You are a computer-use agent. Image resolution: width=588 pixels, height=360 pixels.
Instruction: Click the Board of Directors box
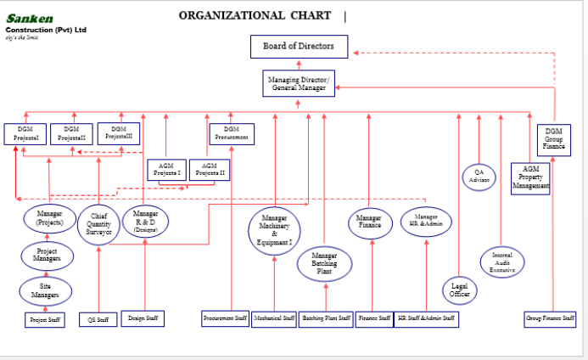[x=299, y=46]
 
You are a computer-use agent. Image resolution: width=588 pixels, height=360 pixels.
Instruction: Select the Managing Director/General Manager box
[x=299, y=82]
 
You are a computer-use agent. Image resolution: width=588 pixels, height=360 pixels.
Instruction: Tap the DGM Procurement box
[x=232, y=133]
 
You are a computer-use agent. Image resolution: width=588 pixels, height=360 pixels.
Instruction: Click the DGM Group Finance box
[x=554, y=138]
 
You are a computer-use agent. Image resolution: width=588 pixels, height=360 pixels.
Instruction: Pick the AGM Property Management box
[x=531, y=177]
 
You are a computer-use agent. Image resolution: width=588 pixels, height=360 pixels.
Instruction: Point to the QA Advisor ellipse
[x=479, y=176]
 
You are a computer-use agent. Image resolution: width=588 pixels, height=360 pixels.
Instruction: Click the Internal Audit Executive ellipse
[x=502, y=261]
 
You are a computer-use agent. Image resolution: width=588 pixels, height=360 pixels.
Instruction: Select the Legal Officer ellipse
[x=460, y=290]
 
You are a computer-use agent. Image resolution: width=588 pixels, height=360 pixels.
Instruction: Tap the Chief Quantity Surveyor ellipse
[x=98, y=223]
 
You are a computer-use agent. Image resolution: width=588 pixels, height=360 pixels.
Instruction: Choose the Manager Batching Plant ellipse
[x=324, y=263]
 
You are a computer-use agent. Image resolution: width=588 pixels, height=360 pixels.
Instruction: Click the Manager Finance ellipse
[x=370, y=222]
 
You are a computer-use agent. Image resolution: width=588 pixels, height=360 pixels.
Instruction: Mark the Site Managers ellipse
[x=46, y=290]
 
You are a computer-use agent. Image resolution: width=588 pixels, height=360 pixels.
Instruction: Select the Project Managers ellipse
[x=47, y=256]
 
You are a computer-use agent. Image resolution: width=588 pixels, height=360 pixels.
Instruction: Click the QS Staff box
[x=98, y=320]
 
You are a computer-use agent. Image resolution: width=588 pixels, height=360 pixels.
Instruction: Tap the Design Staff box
[x=143, y=318]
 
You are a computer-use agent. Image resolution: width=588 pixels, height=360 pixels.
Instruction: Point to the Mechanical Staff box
[x=274, y=319]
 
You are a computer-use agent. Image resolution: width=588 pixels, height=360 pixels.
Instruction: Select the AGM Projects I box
[x=167, y=170]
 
